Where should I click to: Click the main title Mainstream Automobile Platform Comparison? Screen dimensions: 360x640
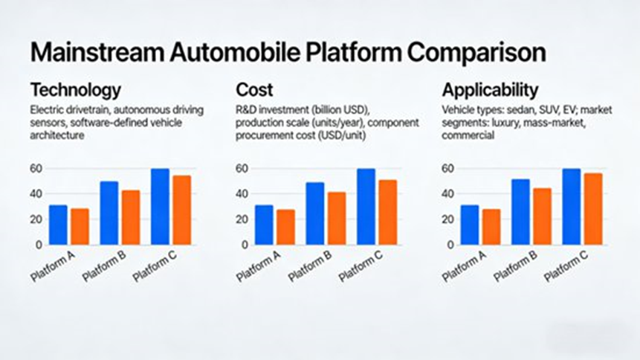[288, 54]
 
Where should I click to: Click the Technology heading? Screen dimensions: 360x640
[75, 91]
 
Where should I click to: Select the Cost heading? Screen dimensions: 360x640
[255, 91]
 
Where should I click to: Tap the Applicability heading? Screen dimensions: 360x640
[490, 91]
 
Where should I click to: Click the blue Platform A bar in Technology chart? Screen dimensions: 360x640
[58, 225]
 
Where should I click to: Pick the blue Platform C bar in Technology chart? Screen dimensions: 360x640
[160, 207]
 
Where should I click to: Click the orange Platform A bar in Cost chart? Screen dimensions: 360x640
[285, 227]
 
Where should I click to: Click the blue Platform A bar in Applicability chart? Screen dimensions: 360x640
[470, 225]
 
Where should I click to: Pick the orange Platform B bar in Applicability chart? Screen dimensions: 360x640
[543, 216]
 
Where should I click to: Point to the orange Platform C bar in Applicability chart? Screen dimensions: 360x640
[593, 209]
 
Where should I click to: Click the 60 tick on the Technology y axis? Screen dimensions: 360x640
[36, 169]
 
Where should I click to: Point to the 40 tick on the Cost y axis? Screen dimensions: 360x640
[242, 194]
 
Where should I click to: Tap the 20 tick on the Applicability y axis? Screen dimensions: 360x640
[447, 219]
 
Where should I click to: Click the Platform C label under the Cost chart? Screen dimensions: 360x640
[361, 266]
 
